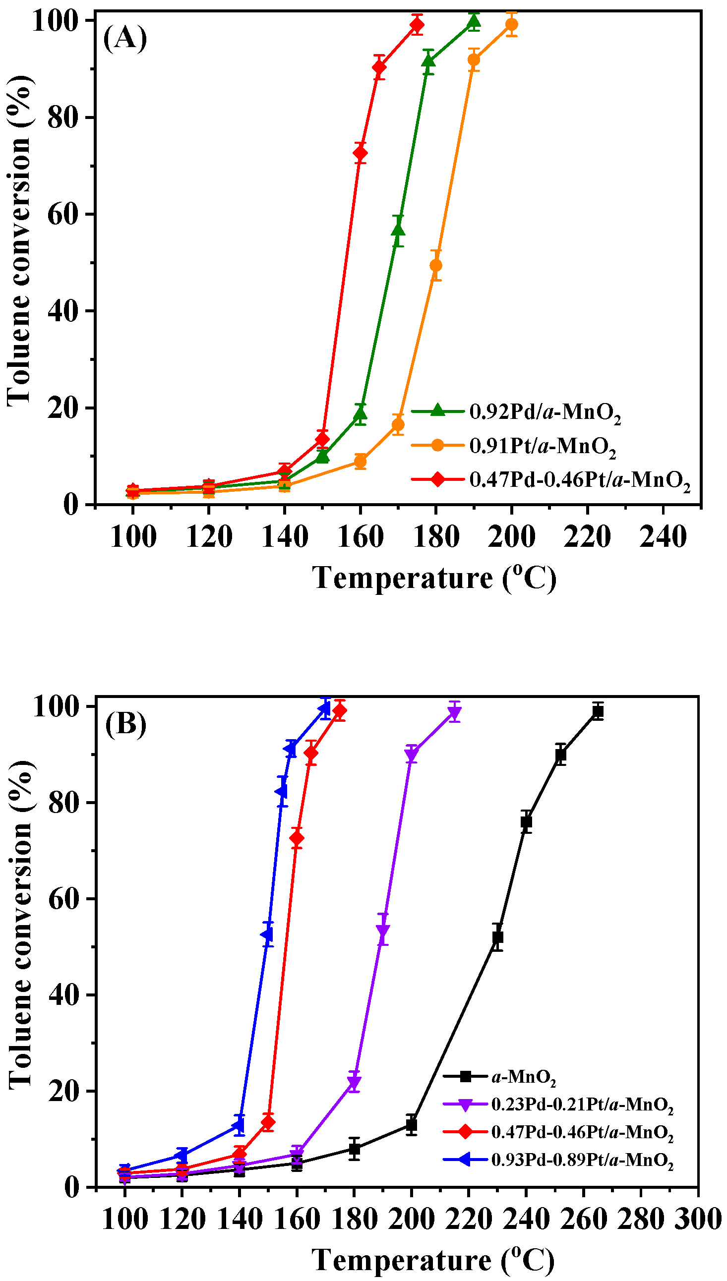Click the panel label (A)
coord(125,39)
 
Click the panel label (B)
coord(125,724)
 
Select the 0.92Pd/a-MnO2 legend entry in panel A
coord(545,412)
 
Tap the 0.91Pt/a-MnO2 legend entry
coord(542,446)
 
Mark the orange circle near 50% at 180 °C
coord(435,265)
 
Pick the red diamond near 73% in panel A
coord(360,153)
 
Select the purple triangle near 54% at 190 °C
coord(383,931)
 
